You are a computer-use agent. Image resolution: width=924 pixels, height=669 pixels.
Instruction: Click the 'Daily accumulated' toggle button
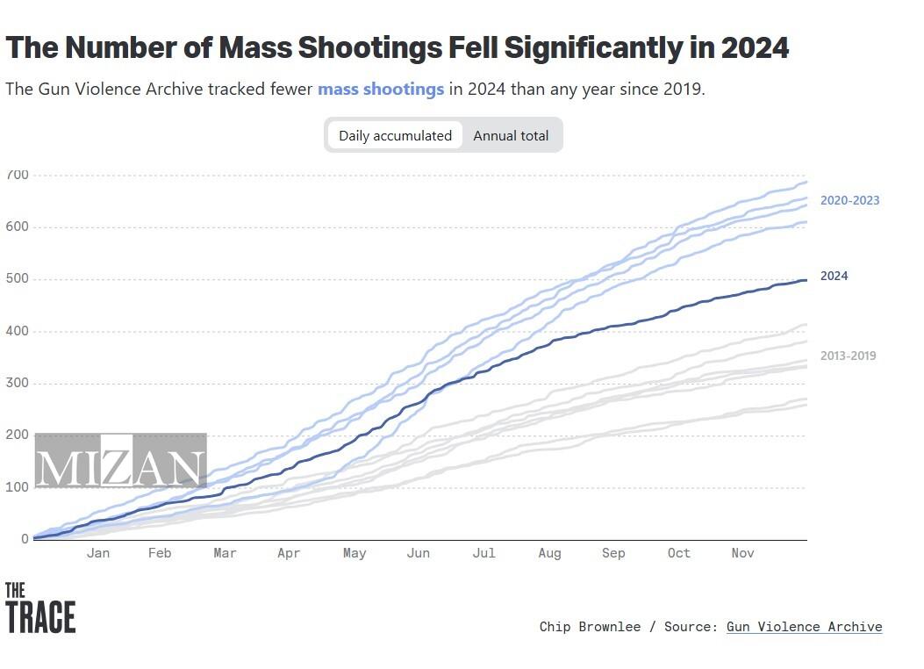[395, 135]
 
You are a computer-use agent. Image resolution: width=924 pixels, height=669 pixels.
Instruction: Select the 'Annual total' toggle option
[511, 135]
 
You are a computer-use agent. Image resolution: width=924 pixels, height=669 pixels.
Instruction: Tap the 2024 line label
[834, 276]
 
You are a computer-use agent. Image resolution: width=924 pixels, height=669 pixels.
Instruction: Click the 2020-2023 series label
[849, 200]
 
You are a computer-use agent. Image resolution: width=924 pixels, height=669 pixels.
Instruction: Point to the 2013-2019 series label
[848, 356]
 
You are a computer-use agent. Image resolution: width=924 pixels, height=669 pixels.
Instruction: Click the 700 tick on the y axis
[18, 175]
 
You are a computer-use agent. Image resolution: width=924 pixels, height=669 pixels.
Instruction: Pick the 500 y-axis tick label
[18, 279]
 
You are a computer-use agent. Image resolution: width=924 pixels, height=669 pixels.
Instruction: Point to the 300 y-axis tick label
[18, 383]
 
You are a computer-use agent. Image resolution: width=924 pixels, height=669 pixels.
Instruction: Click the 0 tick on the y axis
[25, 538]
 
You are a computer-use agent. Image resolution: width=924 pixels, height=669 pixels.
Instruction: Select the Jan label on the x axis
[98, 553]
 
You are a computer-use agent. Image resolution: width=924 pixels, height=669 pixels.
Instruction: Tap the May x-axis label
[355, 553]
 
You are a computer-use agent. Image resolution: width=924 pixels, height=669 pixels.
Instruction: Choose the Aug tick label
[549, 553]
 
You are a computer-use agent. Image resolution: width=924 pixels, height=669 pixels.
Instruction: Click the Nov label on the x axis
[742, 553]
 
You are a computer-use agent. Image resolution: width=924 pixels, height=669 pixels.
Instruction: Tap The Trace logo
[39, 608]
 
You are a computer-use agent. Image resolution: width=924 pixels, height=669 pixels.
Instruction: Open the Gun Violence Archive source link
[804, 627]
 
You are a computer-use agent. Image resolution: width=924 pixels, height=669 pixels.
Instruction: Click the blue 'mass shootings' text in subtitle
[381, 89]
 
